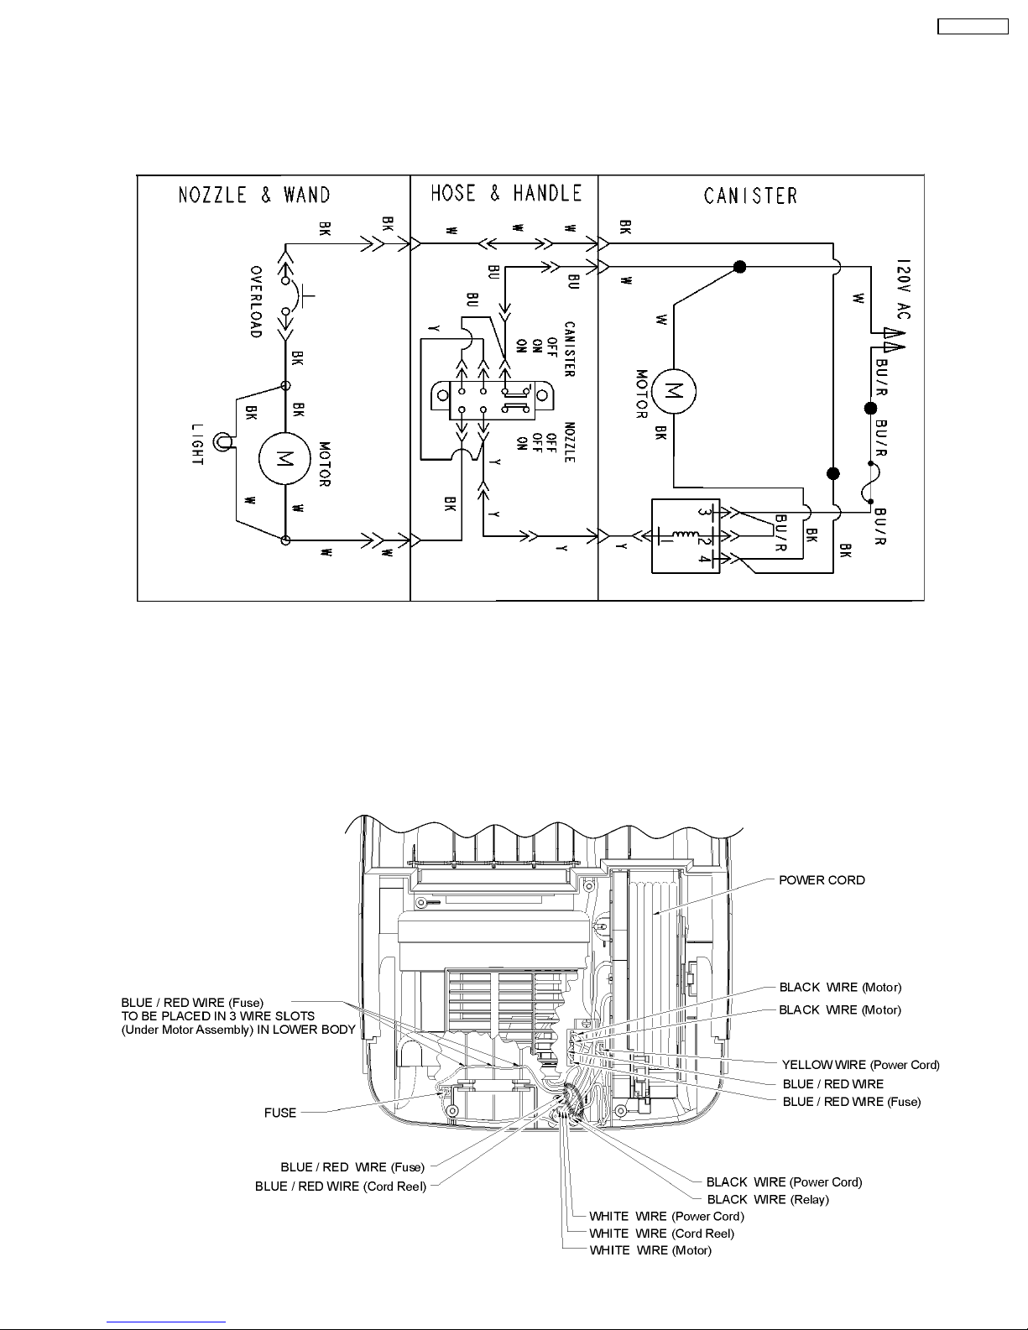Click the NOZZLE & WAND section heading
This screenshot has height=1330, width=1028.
coord(254,196)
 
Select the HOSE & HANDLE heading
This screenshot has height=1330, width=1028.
coord(506,193)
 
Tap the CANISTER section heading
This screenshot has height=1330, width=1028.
coord(750,196)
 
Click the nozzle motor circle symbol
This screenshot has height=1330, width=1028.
coord(284,458)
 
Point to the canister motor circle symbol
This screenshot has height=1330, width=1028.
coord(673,391)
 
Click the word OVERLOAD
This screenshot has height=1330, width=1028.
coord(256,301)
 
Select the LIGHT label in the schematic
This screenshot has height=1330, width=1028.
coord(197,444)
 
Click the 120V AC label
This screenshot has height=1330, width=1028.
coord(903,289)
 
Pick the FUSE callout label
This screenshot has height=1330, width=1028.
coord(280,1113)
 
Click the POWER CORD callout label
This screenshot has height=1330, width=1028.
coord(822,880)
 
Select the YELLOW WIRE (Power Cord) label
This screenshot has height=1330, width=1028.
coord(860,1064)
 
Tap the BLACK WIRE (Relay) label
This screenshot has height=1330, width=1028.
coord(768,1199)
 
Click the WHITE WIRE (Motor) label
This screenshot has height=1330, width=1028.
coord(650,1249)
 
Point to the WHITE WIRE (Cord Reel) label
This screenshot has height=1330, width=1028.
coord(661,1234)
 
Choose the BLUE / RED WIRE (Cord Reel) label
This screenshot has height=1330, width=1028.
coord(341,1187)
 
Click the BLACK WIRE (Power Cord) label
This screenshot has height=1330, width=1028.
coord(785,1181)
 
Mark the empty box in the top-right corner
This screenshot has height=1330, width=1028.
coord(973,26)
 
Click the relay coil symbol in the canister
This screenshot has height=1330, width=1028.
coord(685,537)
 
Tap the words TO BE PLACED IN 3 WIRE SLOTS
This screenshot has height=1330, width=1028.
coord(218,1016)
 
